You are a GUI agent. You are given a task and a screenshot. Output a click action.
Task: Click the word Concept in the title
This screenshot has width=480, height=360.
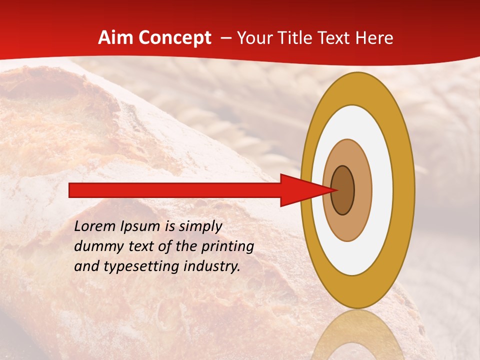[x=175, y=38]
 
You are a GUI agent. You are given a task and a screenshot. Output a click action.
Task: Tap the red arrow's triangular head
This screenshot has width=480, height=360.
[x=300, y=190]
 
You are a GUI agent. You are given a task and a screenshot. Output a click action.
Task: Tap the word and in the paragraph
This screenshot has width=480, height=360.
[x=86, y=266]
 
